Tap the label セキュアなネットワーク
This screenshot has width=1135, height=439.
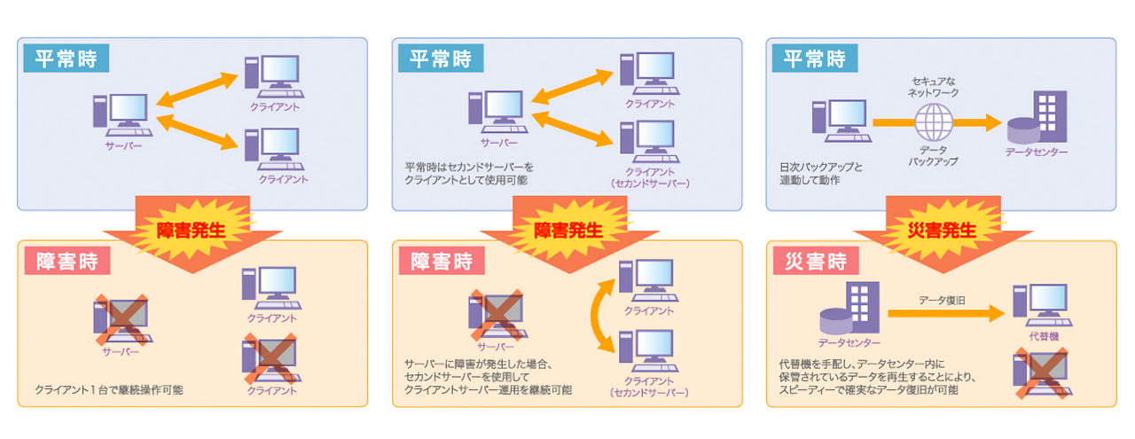click(934, 86)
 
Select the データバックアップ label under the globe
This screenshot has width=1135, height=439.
click(934, 156)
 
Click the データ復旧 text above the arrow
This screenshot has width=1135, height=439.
click(942, 300)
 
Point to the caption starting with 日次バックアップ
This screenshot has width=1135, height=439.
click(820, 173)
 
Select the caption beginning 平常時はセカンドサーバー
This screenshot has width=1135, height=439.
click(470, 173)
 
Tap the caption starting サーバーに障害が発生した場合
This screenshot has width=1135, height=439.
click(489, 376)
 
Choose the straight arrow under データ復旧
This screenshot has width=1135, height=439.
click(945, 312)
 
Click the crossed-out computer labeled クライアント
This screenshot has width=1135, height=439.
click(271, 358)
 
